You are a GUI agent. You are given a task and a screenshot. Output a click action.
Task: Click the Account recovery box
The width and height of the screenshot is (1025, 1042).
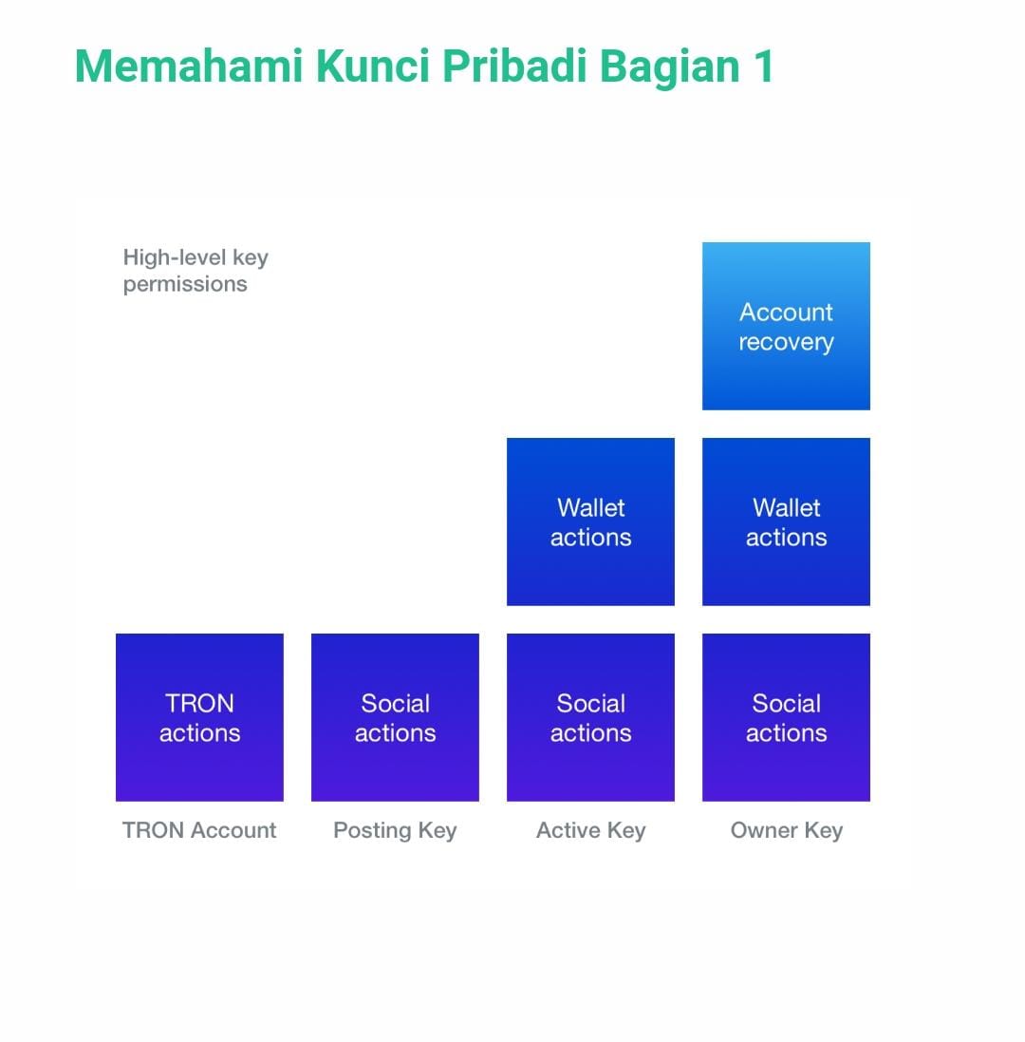786,327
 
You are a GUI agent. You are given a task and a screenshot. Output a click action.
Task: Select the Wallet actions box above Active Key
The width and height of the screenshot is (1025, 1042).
590,521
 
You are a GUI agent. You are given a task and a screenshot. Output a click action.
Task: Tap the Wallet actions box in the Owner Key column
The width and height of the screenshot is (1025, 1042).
786,521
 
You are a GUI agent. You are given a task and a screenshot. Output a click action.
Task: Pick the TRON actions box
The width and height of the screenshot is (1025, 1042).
199,717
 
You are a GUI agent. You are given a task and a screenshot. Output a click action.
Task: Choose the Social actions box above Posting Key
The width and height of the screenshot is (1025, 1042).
395,717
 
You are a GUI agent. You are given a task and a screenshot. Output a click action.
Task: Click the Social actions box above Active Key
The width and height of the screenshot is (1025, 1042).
590,717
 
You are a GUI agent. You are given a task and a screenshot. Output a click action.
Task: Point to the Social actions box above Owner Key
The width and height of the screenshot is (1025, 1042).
786,717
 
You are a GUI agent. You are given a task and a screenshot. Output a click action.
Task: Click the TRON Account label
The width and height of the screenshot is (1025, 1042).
199,830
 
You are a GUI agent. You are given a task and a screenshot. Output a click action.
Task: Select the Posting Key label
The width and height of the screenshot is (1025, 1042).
395,831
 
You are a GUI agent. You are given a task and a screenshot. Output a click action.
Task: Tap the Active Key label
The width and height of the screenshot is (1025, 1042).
591,831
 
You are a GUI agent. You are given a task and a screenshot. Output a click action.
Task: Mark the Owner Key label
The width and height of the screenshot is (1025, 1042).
787,831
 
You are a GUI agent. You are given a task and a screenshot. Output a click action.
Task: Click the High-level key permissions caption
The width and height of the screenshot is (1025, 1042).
196,271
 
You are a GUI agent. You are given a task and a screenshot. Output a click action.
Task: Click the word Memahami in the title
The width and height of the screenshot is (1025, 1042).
189,66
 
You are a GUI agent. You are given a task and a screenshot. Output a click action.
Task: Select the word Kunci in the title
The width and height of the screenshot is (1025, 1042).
373,66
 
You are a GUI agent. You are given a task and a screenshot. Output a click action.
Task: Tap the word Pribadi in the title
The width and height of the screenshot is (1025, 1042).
514,66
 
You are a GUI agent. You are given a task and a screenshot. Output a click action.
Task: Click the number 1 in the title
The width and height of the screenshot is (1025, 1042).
763,66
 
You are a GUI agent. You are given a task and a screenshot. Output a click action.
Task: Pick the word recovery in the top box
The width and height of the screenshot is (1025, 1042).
786,343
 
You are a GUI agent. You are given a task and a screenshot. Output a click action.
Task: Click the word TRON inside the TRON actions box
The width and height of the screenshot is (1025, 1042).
199,703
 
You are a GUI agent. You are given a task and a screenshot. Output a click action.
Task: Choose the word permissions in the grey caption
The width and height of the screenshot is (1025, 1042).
185,285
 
